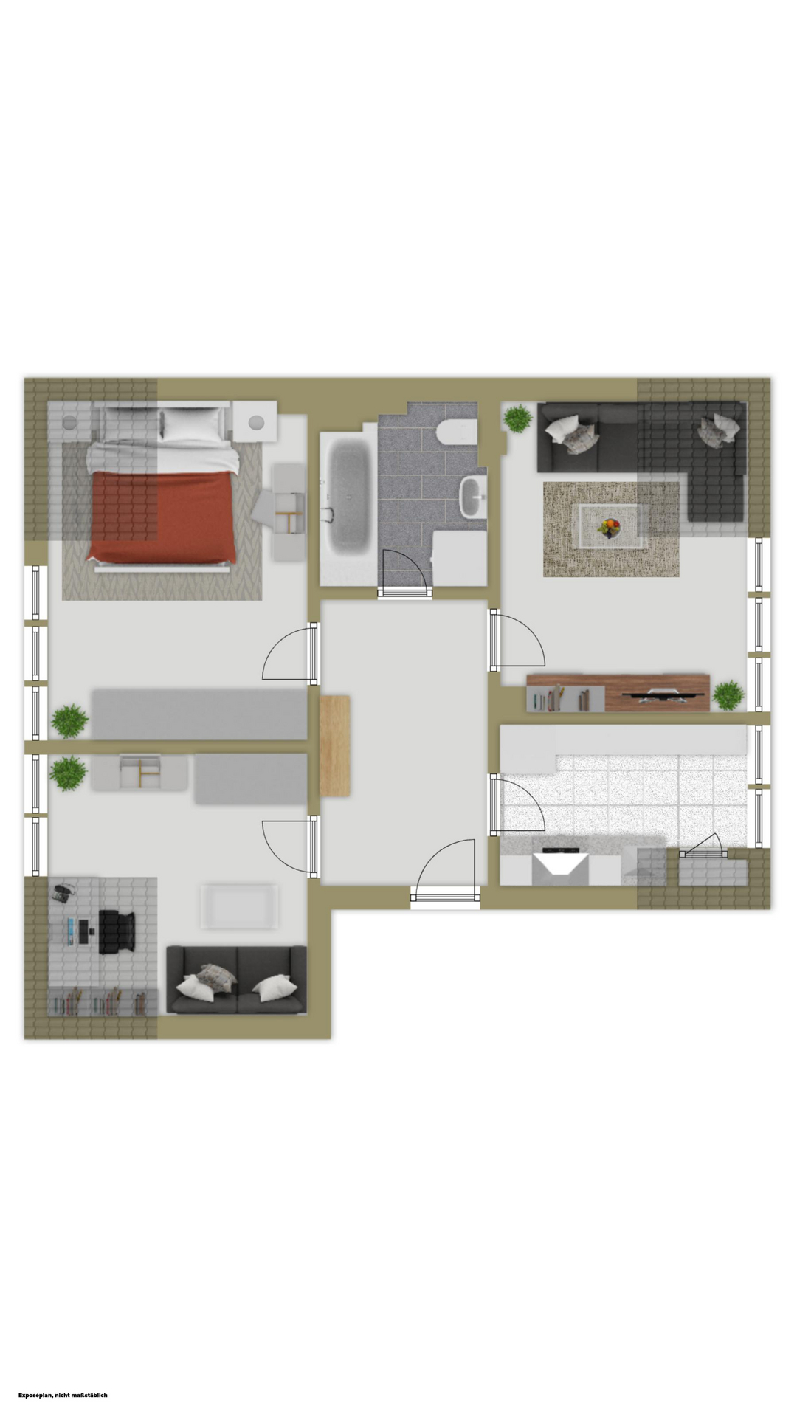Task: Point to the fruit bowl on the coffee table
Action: point(610,527)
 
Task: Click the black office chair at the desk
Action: point(117,932)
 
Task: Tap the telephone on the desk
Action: point(62,892)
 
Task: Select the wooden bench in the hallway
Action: point(335,745)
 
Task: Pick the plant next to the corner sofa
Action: point(518,418)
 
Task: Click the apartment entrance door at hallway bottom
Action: point(445,897)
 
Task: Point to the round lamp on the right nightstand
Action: point(256,422)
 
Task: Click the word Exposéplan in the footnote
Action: point(36,1395)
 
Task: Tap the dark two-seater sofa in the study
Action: point(236,979)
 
